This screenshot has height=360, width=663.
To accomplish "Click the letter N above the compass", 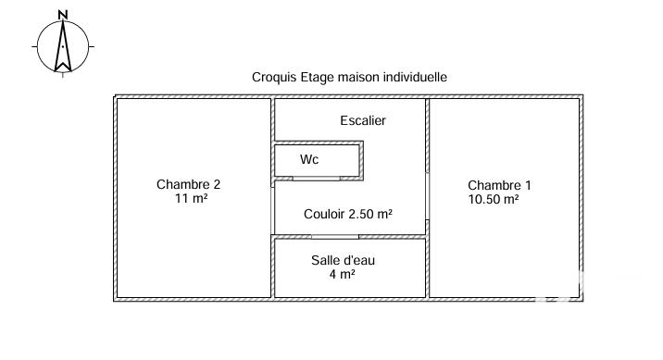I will click(x=62, y=14).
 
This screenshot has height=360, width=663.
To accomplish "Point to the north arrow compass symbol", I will click(x=62, y=45).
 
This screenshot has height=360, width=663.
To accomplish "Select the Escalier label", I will click(x=363, y=120).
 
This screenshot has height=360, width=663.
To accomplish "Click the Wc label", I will click(x=309, y=159).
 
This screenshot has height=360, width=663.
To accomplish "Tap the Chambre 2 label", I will click(x=188, y=184).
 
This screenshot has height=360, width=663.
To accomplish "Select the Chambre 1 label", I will click(x=499, y=185).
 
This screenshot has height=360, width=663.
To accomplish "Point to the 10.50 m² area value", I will click(x=494, y=199).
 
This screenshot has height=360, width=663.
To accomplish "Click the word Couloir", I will click(x=324, y=214).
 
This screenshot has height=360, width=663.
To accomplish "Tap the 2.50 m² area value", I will click(x=370, y=214).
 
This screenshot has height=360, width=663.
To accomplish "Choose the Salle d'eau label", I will click(x=343, y=260).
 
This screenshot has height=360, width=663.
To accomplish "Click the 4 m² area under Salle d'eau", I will click(x=342, y=274).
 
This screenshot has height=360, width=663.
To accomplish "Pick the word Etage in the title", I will click(x=316, y=78).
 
